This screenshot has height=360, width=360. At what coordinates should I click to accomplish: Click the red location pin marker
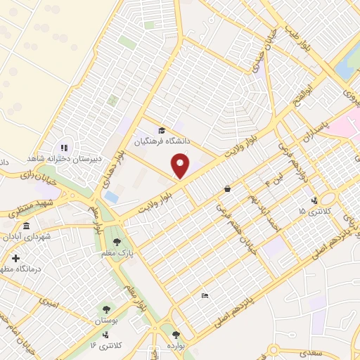click(x=181, y=165)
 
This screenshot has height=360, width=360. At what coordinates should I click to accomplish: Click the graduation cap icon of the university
click(x=162, y=131)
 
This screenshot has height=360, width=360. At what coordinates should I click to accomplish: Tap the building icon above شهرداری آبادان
click(x=27, y=226)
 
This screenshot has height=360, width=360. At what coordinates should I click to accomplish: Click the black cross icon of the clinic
click(x=15, y=259)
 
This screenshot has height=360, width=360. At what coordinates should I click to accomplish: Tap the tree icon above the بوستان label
click(x=105, y=308)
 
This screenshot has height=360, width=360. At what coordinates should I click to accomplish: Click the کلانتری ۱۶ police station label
click(x=106, y=344)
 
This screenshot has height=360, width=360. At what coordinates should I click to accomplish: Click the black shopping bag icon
click(x=227, y=188)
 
